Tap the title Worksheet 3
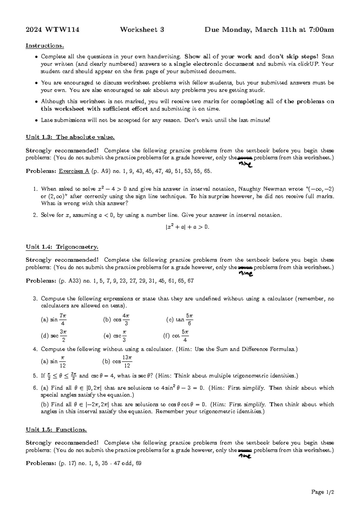point(142,30)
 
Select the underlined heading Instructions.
point(45,46)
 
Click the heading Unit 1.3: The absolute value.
point(70,137)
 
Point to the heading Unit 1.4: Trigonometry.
point(62,247)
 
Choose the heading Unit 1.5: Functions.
point(56,430)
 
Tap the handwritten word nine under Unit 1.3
point(245,164)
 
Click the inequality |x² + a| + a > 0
point(187,227)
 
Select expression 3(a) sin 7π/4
point(54,320)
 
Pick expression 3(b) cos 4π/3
point(116,320)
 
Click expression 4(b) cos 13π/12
point(117,362)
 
